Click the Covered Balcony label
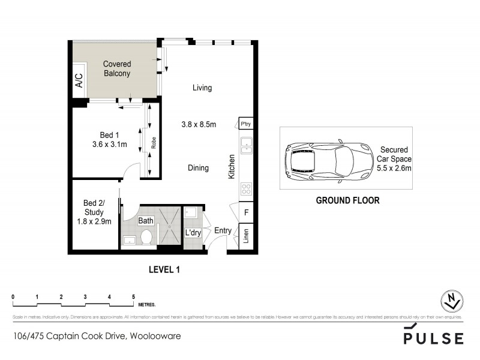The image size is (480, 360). [x=117, y=69]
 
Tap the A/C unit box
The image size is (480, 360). [x=78, y=81]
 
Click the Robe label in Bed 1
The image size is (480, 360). [x=154, y=143]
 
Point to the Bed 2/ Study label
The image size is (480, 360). [x=94, y=212]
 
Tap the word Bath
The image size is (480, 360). [x=146, y=221]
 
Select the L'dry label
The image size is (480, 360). [x=192, y=233]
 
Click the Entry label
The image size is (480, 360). [x=223, y=230]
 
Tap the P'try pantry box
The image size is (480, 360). [x=246, y=125]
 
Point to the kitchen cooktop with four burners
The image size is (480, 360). [x=246, y=190]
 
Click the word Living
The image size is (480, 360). [x=202, y=88]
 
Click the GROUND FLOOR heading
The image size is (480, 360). [x=347, y=200]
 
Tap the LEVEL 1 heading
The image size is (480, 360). [x=164, y=269]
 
